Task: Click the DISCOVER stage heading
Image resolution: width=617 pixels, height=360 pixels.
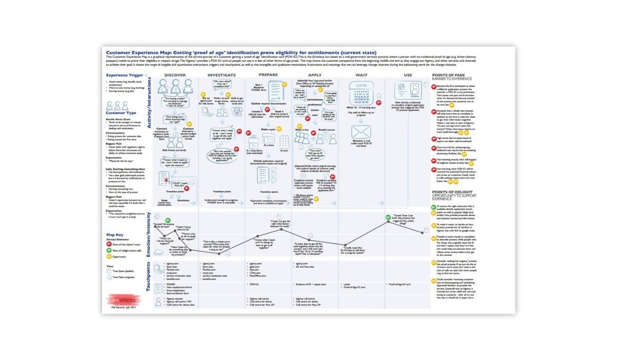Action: tap(175, 76)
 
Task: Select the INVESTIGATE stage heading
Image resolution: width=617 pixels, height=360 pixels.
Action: tap(222, 76)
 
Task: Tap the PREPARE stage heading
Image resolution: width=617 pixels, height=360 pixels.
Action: tap(268, 76)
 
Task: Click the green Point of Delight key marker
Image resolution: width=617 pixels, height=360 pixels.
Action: tap(109, 250)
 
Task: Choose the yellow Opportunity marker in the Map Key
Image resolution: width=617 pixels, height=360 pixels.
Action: tap(109, 256)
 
